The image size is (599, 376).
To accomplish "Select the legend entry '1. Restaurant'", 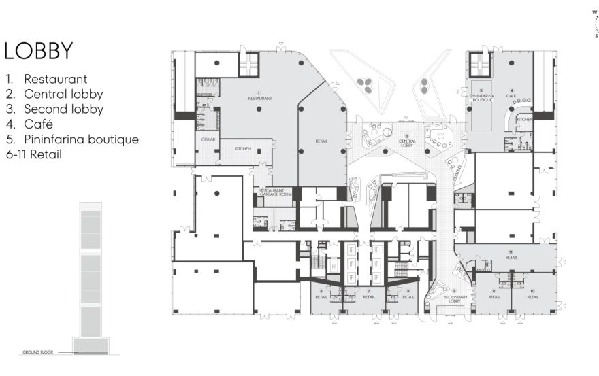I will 46,79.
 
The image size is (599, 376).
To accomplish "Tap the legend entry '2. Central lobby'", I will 54,94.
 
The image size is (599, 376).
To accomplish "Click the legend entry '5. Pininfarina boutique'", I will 72,139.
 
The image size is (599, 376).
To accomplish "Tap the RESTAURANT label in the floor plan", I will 259,97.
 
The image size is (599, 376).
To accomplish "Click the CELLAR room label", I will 208,139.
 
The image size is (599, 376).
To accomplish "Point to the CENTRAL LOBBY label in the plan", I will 407,143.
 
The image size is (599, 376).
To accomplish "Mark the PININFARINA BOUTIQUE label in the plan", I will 481,96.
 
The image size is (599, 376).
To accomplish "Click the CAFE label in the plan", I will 511,95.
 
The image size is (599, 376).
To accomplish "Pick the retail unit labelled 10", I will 533,295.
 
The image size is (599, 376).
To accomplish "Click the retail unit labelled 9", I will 494,295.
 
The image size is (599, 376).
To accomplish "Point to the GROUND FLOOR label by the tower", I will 33,352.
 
